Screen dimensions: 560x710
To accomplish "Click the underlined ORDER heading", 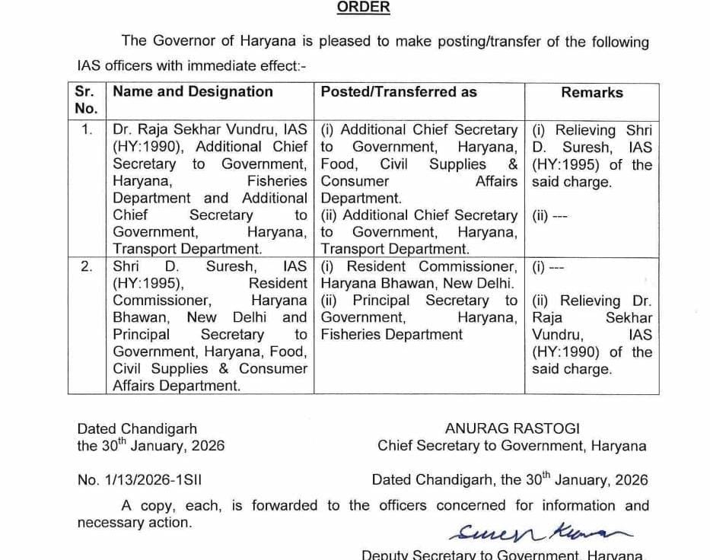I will click(363, 8).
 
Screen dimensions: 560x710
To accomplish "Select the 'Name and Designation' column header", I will click(193, 92).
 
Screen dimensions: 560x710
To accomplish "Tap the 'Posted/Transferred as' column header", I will click(399, 92).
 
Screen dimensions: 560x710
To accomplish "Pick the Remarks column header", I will click(591, 93).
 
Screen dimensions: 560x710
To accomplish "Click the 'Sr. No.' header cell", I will click(84, 100).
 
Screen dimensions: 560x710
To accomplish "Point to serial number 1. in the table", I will click(87, 130).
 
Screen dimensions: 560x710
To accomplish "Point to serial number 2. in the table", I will click(87, 267).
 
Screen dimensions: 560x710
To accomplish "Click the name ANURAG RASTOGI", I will click(512, 429).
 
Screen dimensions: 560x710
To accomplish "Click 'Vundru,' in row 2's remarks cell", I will click(557, 335).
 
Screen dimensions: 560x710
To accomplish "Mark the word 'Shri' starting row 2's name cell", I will click(126, 267).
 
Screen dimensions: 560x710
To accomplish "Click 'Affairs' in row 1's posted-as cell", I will click(496, 182).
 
